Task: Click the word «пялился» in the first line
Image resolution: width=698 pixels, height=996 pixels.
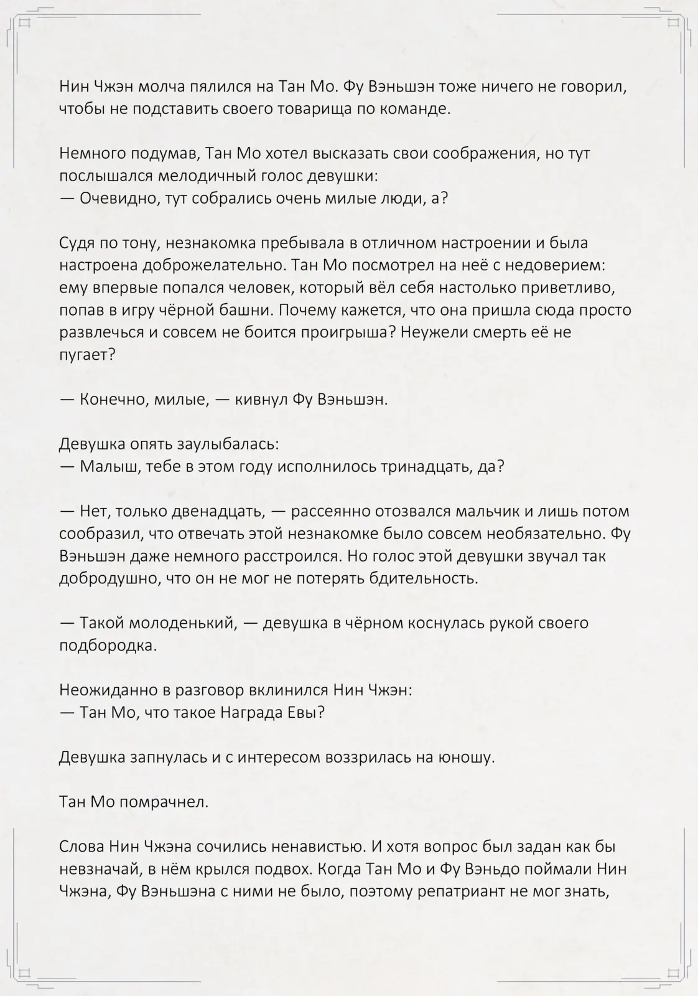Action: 226,87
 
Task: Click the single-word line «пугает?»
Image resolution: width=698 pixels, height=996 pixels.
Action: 87,355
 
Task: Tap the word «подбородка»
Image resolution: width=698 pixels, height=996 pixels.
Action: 108,646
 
